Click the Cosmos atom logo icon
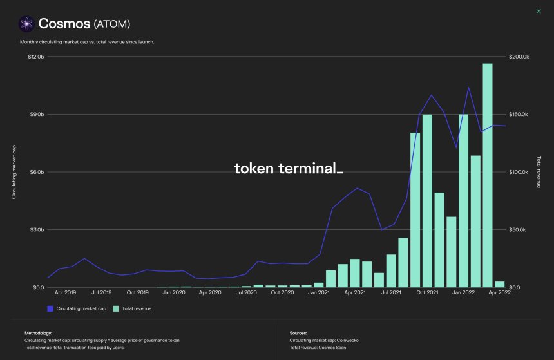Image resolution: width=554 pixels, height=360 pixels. coord(26,24)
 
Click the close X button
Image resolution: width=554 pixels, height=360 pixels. coord(539,11)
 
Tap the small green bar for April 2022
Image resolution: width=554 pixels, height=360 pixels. coord(499,284)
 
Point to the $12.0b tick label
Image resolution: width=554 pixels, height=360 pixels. coord(35,57)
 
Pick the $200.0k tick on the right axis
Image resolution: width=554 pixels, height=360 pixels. coord(519,57)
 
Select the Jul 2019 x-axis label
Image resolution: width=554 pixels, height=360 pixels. coord(102,292)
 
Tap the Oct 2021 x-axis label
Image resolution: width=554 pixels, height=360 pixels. coord(426,292)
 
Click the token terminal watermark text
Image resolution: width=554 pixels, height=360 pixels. coord(288,169)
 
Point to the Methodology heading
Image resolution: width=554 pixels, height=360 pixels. coord(37,333)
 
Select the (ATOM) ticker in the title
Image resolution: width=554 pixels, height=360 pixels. coord(113,24)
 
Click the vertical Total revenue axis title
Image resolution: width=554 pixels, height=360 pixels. coord(538,172)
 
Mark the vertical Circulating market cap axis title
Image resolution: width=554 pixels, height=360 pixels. coord(14,172)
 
